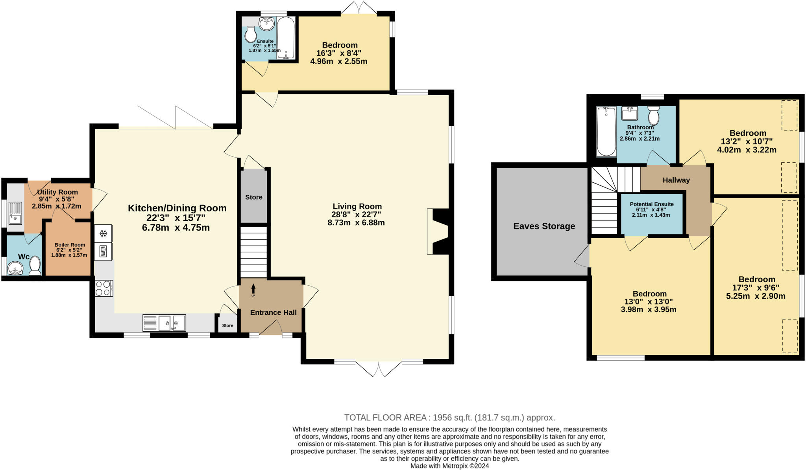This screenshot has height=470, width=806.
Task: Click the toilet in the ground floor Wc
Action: pyautogui.click(x=35, y=266)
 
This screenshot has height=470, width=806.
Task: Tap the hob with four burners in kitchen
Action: pyautogui.click(x=104, y=288)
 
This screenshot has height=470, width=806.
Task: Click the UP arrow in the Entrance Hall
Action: pyautogui.click(x=253, y=290)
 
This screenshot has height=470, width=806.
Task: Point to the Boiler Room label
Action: pyautogui.click(x=70, y=245)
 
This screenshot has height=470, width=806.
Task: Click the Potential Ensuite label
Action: pyautogui.click(x=651, y=204)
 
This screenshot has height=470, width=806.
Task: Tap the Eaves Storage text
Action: pyautogui.click(x=544, y=226)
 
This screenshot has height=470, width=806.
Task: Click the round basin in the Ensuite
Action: pyautogui.click(x=266, y=24)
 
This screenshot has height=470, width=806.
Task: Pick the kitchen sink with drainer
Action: pyautogui.click(x=164, y=323)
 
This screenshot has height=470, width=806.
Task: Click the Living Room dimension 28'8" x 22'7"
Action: pyautogui.click(x=356, y=215)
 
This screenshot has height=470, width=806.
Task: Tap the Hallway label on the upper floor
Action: pyautogui.click(x=676, y=180)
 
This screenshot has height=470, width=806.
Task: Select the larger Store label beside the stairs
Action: pyautogui.click(x=253, y=197)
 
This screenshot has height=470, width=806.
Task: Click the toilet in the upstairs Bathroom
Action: pyautogui.click(x=654, y=115)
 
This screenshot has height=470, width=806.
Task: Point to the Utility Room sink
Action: pyautogui.click(x=15, y=213)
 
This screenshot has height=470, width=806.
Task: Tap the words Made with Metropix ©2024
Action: pyautogui.click(x=449, y=466)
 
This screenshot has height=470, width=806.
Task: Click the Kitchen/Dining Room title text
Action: pyautogui.click(x=177, y=208)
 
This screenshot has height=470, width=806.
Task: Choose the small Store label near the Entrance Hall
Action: pyautogui.click(x=227, y=325)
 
